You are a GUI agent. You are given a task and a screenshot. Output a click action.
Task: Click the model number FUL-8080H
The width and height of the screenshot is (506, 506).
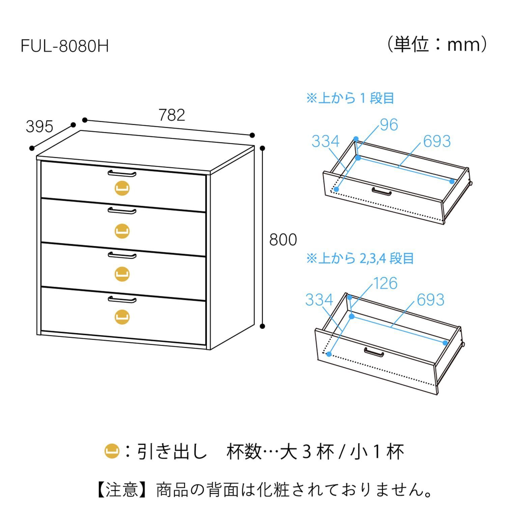coord(65,46)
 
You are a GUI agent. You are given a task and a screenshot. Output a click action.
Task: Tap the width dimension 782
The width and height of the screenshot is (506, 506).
coord(172,115)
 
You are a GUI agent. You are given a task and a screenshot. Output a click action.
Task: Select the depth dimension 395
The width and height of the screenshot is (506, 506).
coord(39,126)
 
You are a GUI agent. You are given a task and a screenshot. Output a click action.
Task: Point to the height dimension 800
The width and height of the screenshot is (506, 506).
coord(283,240)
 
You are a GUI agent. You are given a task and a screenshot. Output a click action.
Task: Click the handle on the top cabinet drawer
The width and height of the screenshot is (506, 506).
coord(122,173)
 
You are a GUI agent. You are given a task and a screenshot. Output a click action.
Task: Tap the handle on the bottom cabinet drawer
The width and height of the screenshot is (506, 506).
coord(122,300)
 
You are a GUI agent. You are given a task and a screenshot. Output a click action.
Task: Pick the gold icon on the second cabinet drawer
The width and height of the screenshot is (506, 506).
coord(122,231)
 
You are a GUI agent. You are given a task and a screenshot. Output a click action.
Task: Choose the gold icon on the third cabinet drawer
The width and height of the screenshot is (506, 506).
coord(122,274)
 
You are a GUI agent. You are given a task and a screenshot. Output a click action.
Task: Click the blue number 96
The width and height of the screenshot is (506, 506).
coord(389,125)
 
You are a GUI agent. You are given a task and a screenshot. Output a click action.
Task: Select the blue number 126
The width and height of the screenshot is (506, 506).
coord(385,283)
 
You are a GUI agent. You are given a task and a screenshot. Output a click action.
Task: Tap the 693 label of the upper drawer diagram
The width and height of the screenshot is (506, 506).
coord(437,141)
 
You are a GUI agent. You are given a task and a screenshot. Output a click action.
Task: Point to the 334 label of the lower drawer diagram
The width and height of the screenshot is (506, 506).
coord(319,300)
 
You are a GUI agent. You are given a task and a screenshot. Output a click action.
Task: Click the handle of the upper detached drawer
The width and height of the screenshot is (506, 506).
coord(382,192)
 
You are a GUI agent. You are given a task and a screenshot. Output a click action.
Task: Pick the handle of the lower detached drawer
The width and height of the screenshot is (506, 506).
coord(374,352)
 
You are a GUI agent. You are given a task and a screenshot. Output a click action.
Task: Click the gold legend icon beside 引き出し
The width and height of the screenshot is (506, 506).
coord(112,452)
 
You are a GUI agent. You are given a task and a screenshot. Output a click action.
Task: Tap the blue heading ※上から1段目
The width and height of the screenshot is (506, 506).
coord(350,98)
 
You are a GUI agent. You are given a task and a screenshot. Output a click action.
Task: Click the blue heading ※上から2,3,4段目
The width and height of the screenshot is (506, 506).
coord(360,259)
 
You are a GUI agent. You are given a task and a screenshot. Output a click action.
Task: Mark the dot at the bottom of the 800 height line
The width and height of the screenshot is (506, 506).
coord(263,326)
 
